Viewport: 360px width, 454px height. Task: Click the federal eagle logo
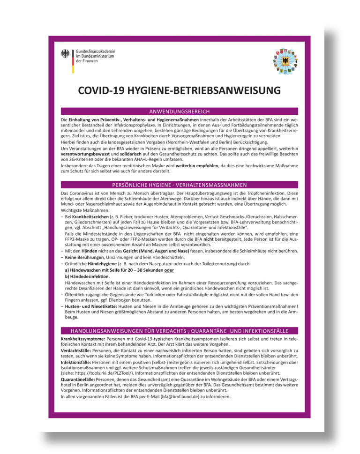[65, 54]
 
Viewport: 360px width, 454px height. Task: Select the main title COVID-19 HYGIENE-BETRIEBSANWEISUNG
[180, 90]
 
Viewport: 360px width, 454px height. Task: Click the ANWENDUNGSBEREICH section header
[180, 112]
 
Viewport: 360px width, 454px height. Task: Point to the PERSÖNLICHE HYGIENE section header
[180, 185]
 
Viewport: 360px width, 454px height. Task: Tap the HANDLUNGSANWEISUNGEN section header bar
[180, 330]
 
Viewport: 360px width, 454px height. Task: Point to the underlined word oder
[169, 270]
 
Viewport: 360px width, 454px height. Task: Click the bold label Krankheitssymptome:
[83, 338]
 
